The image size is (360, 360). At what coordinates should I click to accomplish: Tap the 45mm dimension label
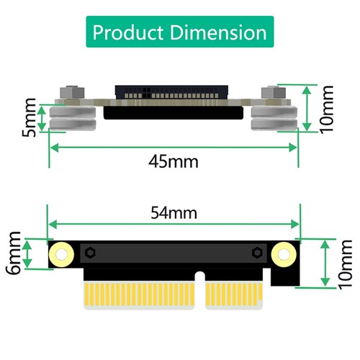click(173, 161)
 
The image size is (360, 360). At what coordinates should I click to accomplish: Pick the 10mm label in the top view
click(328, 108)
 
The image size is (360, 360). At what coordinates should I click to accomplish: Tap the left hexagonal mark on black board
click(91, 253)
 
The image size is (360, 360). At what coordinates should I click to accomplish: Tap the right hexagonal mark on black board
click(257, 253)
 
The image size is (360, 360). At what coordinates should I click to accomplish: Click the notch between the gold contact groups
click(200, 288)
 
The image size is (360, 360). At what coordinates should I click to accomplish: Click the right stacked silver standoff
click(274, 118)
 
